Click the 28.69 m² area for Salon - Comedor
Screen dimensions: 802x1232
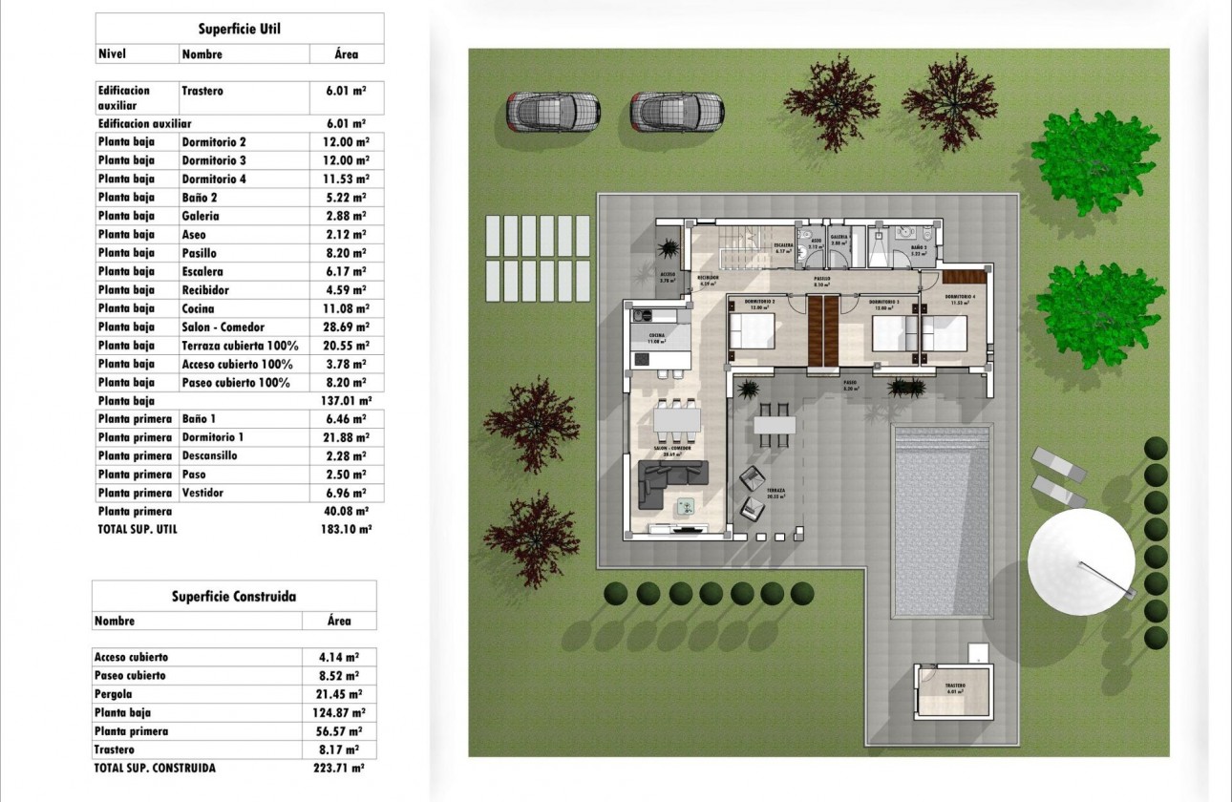(347, 327)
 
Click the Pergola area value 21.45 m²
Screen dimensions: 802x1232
(338, 693)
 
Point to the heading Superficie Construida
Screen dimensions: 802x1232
(234, 596)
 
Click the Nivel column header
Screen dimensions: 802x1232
(113, 54)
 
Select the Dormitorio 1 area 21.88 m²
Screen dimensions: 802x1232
(347, 437)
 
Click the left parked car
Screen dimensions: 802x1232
(551, 112)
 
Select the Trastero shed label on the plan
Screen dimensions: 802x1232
(955, 687)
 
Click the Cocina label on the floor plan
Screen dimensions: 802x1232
(657, 336)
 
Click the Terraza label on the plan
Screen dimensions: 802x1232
(775, 491)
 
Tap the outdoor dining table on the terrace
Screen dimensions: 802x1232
(773, 422)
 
